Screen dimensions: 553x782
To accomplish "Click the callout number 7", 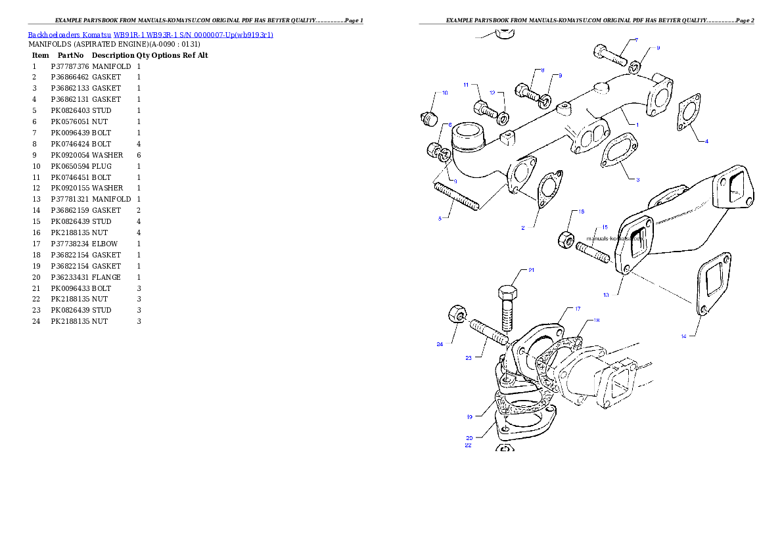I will [x=636, y=40].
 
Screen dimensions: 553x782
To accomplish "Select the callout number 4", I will [x=706, y=141].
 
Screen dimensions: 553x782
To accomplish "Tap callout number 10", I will [x=445, y=93].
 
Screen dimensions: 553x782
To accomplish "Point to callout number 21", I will [x=531, y=270].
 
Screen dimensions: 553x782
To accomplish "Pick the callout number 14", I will [x=683, y=336].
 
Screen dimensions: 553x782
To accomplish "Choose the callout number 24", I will [x=439, y=343].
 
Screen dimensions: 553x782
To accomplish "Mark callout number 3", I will [x=637, y=179].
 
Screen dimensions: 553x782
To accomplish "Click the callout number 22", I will [x=468, y=445].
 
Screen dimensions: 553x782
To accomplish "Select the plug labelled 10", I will [x=429, y=120].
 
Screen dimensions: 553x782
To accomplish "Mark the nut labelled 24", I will [x=454, y=315].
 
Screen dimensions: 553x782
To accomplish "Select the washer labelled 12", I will [x=503, y=118].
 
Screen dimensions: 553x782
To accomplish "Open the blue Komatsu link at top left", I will [x=150, y=35].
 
